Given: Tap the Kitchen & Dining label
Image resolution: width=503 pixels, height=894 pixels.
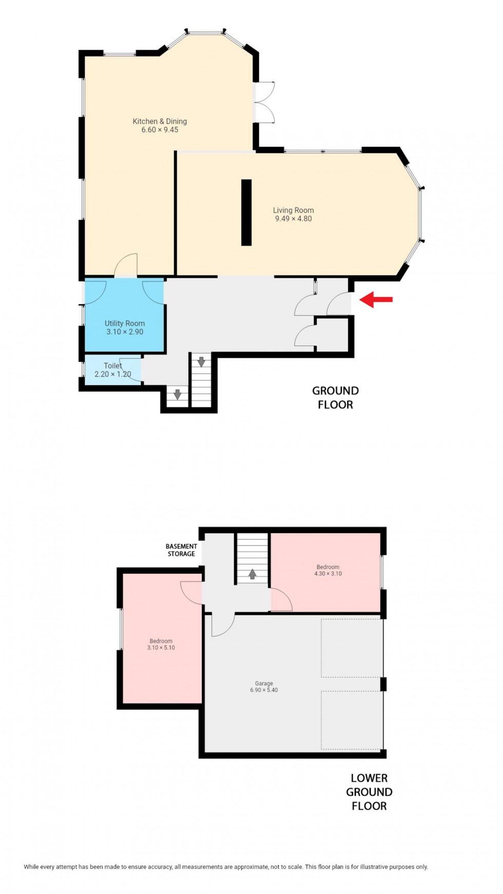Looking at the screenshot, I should (x=160, y=121).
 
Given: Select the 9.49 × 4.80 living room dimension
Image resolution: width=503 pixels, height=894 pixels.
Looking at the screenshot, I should (x=293, y=219).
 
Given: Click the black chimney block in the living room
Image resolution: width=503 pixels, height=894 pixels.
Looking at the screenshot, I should (x=246, y=212).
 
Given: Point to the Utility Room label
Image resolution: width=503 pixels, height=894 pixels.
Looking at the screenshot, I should (x=125, y=323).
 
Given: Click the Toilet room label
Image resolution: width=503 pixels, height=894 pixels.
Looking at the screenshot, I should (x=113, y=366).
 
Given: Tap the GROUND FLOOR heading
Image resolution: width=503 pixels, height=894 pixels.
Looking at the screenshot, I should (x=335, y=398).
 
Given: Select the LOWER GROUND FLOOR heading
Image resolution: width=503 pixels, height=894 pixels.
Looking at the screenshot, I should (x=369, y=792).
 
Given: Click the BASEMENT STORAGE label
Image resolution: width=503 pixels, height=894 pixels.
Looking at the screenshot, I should (x=181, y=550).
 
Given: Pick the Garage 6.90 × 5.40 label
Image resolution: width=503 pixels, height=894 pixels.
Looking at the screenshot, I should (x=264, y=687).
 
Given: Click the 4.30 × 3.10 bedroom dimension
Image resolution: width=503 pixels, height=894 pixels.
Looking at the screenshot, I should (x=328, y=574).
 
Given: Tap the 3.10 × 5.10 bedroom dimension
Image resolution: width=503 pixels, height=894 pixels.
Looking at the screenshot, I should (x=161, y=648).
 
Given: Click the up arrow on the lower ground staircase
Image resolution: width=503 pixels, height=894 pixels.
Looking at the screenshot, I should (x=252, y=574).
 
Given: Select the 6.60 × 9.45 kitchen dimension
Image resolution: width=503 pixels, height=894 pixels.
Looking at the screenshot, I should (x=160, y=130).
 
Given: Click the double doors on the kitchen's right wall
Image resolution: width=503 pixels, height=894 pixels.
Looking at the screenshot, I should (x=265, y=102).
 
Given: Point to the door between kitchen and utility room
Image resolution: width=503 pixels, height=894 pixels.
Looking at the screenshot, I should (x=126, y=266).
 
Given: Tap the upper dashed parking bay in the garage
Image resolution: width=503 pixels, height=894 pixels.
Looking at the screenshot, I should (x=352, y=648).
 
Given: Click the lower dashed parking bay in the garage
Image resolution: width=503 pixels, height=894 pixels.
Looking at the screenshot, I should (x=352, y=720).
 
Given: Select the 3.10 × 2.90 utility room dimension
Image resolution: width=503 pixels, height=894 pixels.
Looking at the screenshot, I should (x=125, y=332).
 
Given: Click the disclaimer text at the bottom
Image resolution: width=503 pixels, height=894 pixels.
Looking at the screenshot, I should (x=226, y=867).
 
